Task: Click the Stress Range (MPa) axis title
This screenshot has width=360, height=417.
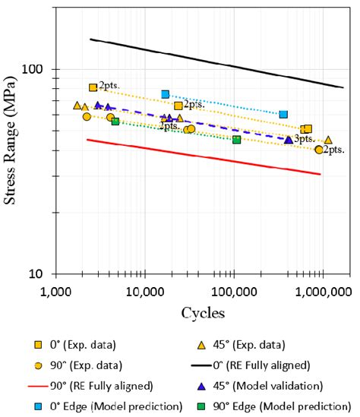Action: [13, 141]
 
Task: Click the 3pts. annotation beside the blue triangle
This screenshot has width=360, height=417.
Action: [305, 139]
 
